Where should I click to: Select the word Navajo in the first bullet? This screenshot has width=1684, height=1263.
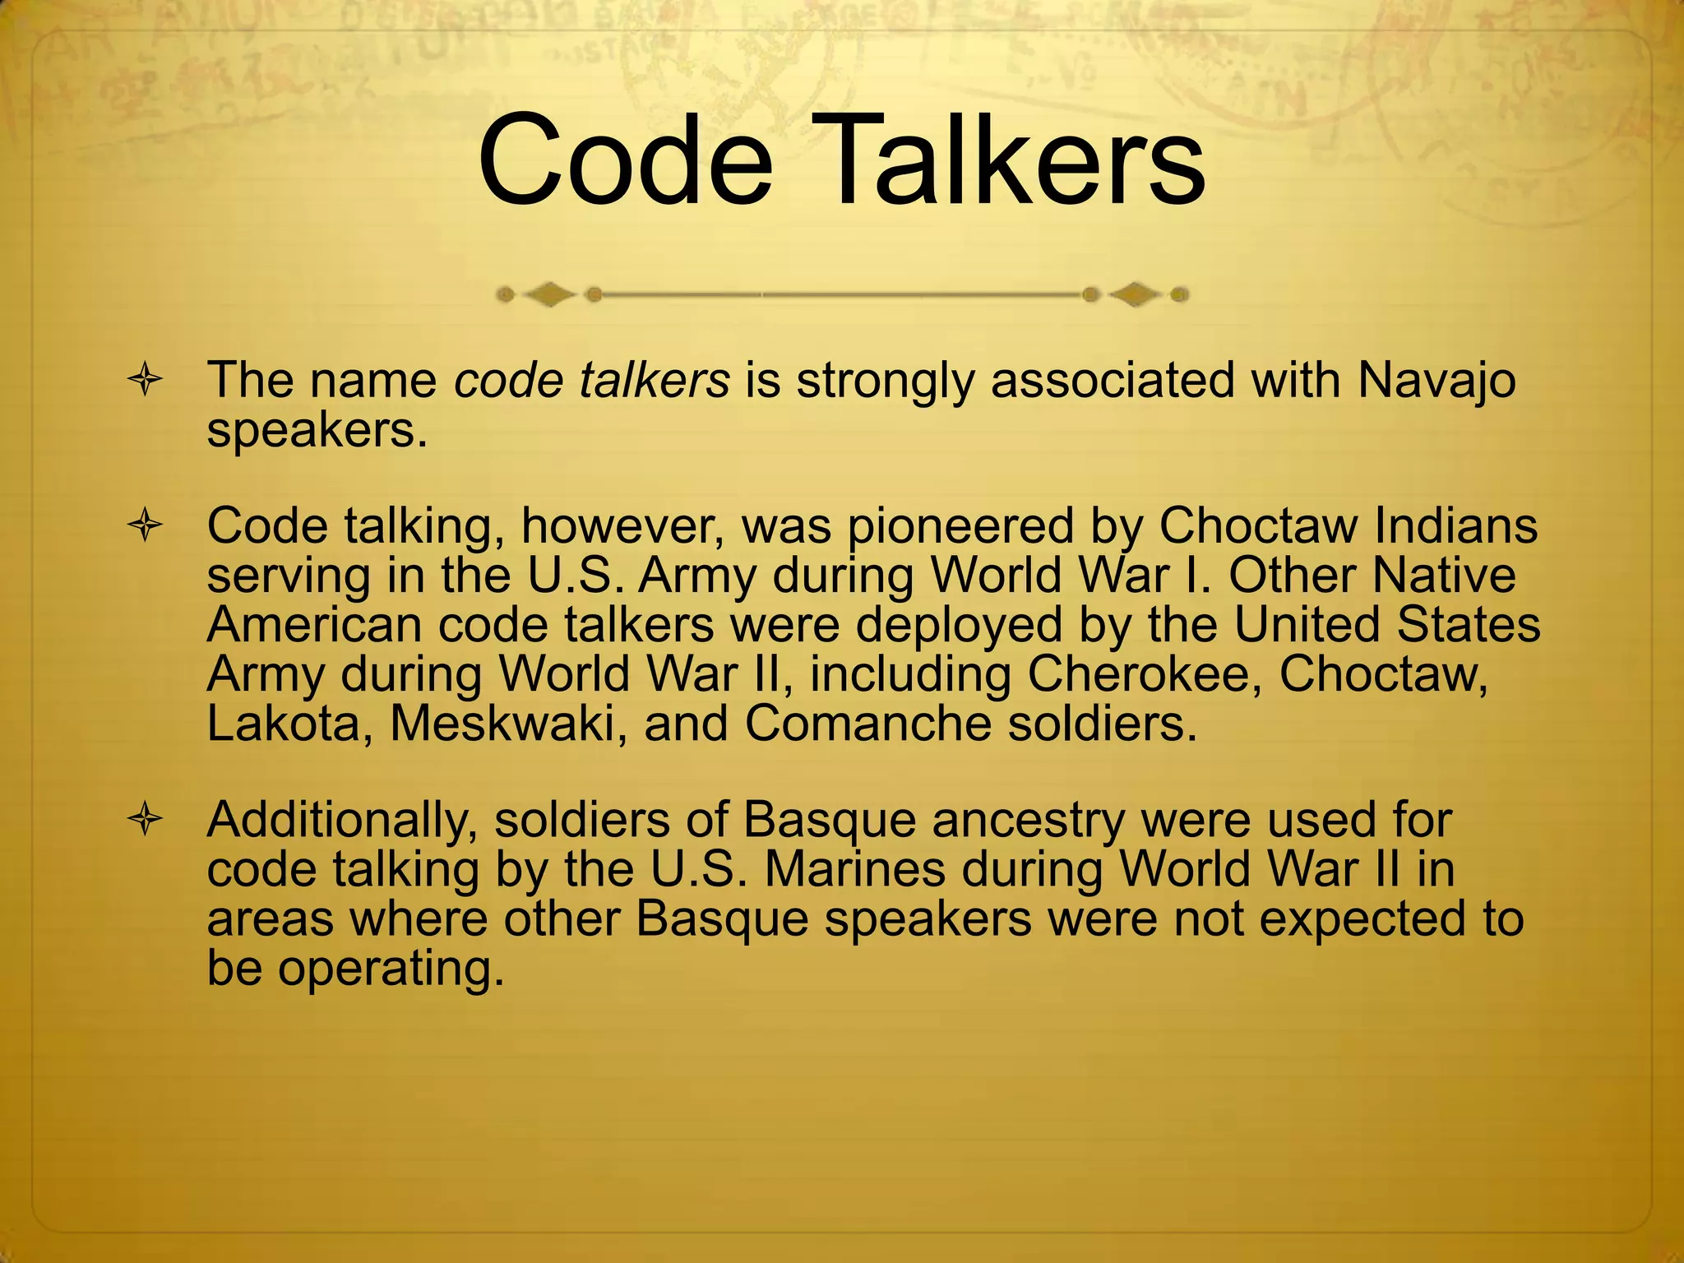1436,380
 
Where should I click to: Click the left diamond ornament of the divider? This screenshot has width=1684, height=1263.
548,294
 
